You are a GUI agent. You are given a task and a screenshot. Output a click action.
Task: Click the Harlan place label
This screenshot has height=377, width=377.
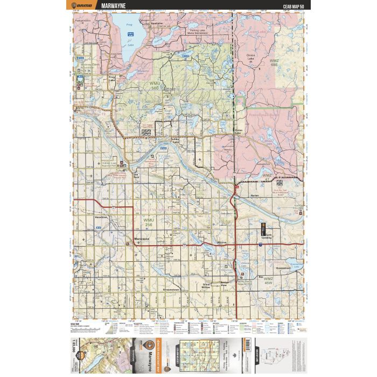[x=255, y=196]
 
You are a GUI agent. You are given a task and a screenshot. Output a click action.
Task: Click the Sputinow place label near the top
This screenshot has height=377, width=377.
[x=157, y=24]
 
